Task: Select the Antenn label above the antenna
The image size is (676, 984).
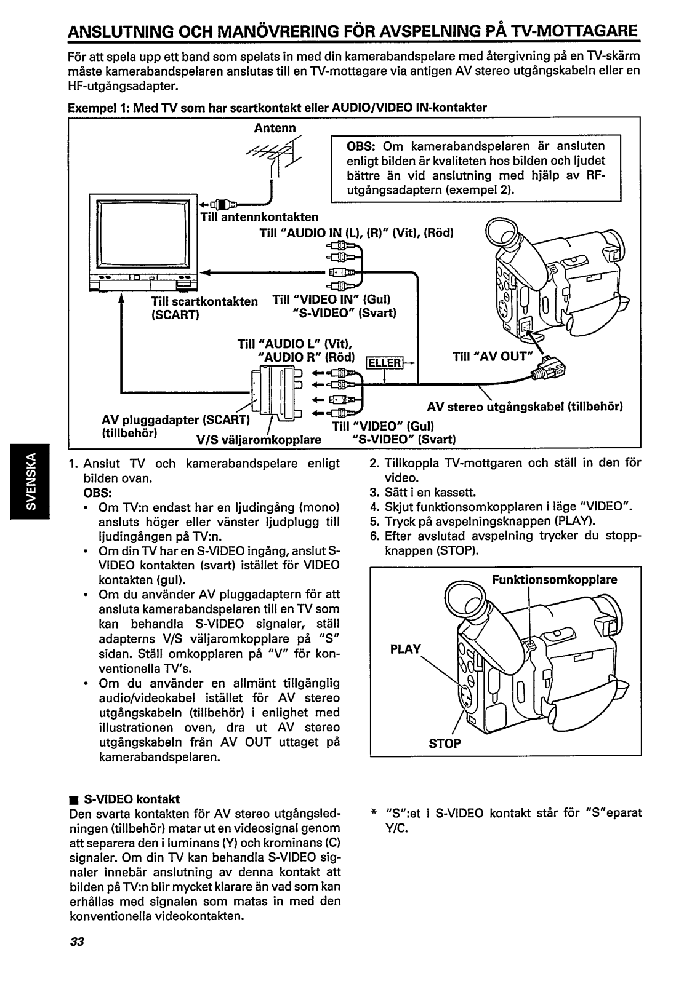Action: point(275,127)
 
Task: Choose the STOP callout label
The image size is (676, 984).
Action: point(445,744)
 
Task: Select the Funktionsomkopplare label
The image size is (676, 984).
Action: point(553,579)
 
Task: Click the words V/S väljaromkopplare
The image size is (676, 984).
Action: point(259,440)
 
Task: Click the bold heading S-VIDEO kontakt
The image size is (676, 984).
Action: point(131,799)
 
